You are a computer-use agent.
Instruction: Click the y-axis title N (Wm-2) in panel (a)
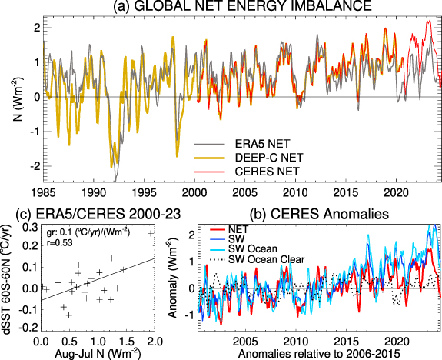coord(10,97)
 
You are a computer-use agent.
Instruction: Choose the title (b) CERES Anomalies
coord(317,213)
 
